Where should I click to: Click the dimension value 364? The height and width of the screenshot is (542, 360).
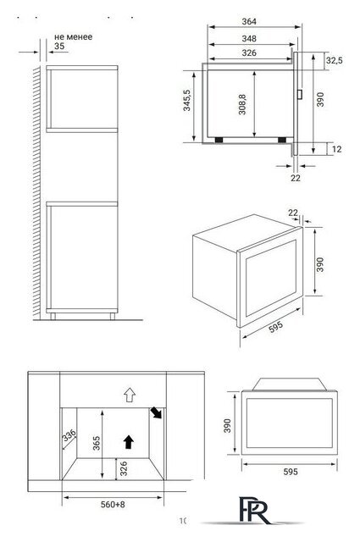click(249, 21)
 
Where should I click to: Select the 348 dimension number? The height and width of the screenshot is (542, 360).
click(249, 38)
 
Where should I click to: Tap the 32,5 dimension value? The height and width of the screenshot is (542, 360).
click(334, 60)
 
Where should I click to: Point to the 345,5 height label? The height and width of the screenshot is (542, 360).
click(186, 101)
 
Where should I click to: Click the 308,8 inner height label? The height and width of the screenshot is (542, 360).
click(242, 104)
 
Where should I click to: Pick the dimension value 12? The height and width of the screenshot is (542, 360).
click(336, 149)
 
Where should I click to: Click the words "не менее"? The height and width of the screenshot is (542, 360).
click(74, 37)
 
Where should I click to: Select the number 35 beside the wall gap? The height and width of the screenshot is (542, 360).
click(59, 46)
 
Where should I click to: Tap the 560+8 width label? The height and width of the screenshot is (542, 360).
click(113, 505)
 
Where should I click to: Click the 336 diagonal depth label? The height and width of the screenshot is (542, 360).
click(69, 435)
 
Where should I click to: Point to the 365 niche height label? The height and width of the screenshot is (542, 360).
click(97, 443)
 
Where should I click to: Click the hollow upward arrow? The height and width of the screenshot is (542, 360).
click(130, 395)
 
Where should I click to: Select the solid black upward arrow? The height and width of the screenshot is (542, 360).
click(129, 442)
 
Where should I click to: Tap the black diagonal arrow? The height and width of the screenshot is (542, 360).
click(156, 412)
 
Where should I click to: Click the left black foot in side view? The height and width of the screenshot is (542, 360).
click(219, 140)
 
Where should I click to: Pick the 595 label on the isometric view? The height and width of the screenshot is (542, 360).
click(276, 327)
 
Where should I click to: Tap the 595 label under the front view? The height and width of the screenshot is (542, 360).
click(291, 472)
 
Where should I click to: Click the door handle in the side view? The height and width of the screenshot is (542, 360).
click(300, 94)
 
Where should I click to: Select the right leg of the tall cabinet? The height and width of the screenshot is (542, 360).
click(113, 316)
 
